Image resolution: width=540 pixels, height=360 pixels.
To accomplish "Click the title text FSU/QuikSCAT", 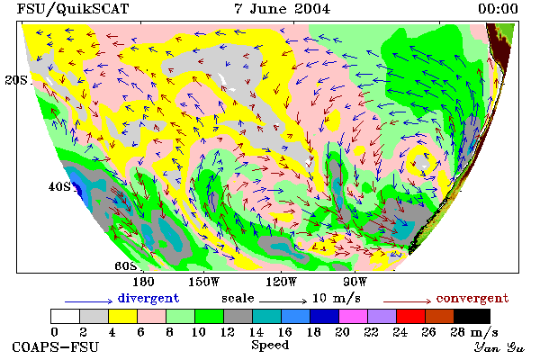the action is coord(73,9).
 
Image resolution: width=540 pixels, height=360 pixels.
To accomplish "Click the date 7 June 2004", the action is coord(282,9).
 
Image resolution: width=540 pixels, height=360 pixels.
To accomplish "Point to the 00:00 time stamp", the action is coord(498,9).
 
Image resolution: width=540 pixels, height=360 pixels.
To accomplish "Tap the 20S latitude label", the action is coord(16,80).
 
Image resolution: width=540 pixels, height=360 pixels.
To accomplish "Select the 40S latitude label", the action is coord(59,186).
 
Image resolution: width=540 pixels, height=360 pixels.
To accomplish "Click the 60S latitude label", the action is coord(126,265).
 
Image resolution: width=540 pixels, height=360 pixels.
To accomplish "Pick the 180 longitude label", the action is coord(143,282).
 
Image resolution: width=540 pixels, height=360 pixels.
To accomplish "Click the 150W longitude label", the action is coord(204,282).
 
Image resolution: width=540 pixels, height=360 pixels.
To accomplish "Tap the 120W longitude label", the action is coord(282,282).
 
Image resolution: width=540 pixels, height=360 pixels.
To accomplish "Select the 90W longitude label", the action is coord(355,282).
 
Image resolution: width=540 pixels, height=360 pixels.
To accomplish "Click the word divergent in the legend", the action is coord(148,298).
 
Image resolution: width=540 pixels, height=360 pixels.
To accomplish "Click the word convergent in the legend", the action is coord(472,298).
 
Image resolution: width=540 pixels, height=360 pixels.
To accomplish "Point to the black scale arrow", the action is coord(283,301).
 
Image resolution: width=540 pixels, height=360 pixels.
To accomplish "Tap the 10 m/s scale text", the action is coord(337,298).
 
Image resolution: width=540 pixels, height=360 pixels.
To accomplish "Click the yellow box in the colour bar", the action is coord(123,316).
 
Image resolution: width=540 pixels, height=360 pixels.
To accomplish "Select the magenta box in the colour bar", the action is coord(354,316).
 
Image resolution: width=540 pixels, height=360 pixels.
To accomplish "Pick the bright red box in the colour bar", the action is coord(411,316).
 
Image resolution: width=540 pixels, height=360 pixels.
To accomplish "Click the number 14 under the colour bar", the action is coord(256,332).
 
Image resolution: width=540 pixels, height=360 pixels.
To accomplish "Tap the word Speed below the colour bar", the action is coord(270,345).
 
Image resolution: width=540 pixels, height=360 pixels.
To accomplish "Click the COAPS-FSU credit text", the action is coord(56,346).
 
